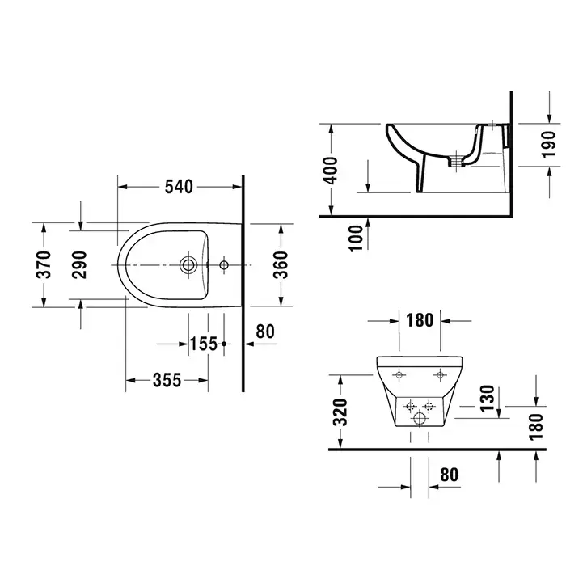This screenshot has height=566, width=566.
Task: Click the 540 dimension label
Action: (x=179, y=187)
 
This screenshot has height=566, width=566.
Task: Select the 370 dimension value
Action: (x=44, y=264)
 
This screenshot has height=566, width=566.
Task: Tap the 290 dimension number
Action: (x=79, y=264)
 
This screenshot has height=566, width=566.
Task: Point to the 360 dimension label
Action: (x=281, y=265)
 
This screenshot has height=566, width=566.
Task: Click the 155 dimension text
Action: (x=204, y=344)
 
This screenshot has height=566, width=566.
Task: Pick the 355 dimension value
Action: (x=167, y=380)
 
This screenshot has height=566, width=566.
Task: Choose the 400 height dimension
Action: (x=331, y=171)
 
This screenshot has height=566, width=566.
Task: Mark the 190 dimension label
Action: (x=549, y=145)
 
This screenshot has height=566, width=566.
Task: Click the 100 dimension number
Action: (x=356, y=239)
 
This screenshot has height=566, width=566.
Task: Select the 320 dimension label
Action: (x=340, y=412)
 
